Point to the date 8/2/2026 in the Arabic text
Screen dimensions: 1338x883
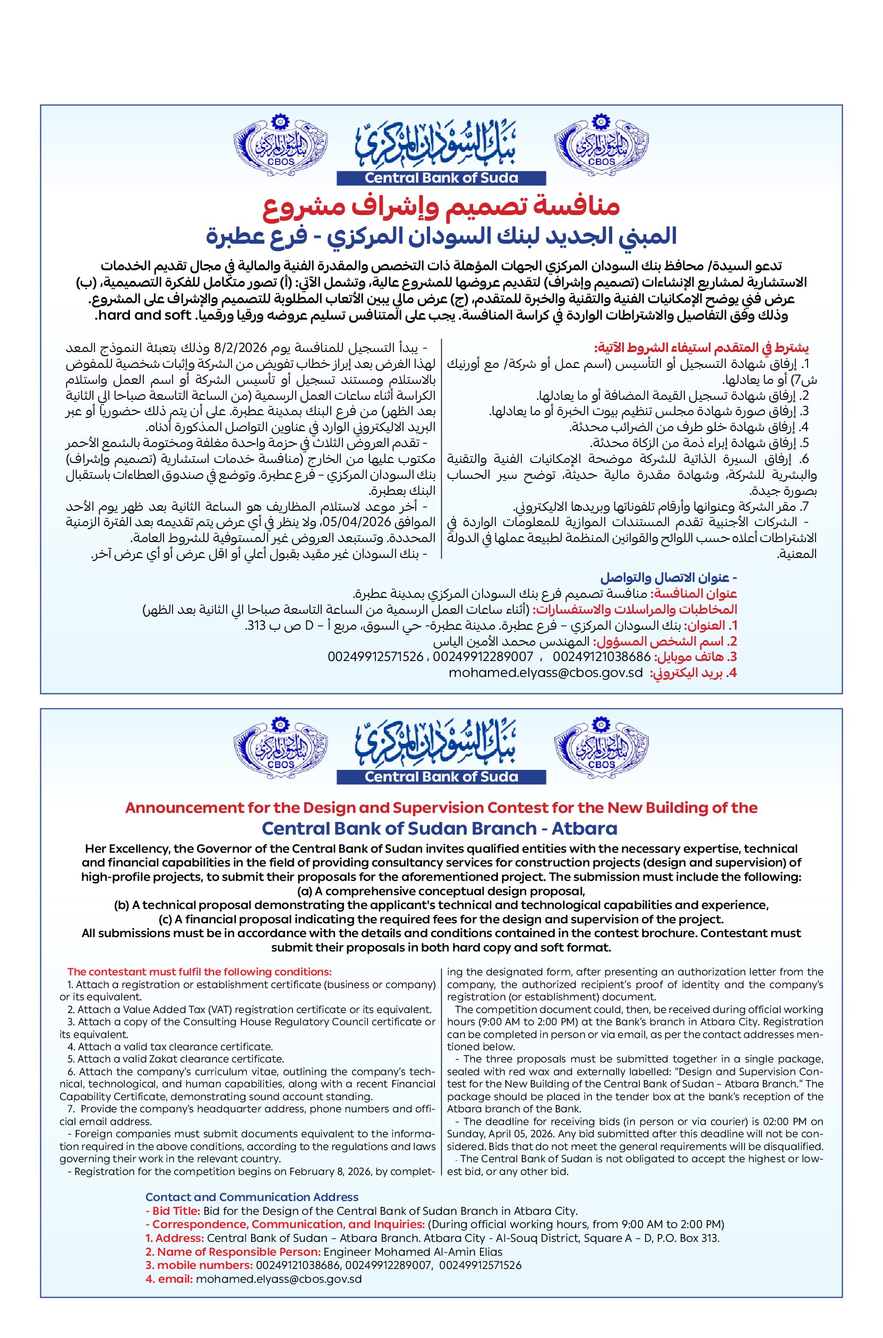coord(294,346)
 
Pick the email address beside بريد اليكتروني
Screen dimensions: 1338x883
coord(545,673)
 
